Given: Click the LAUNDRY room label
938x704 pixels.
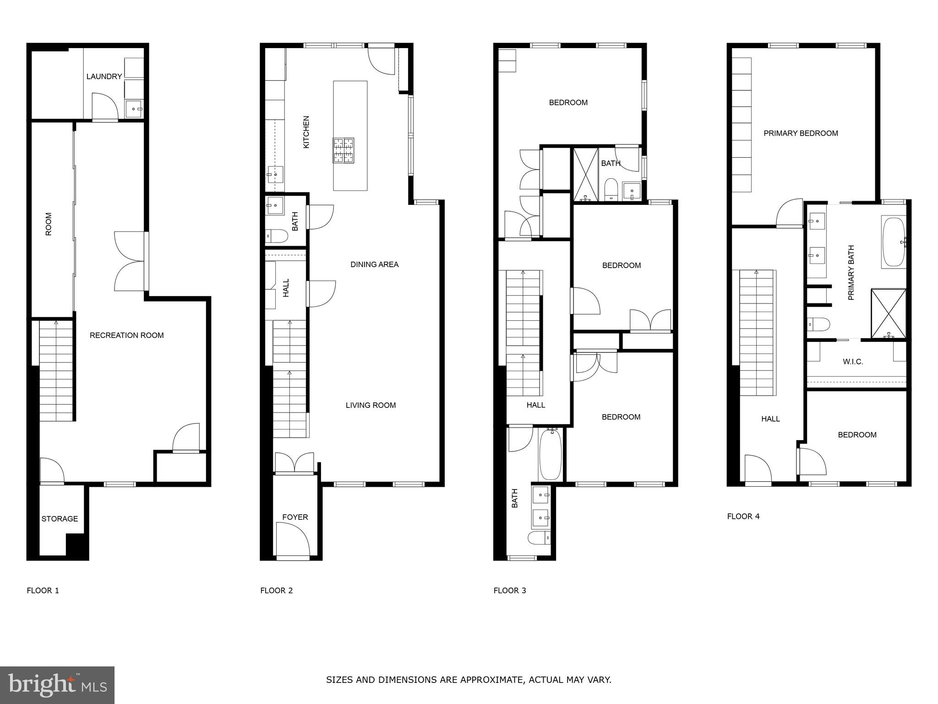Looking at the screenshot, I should click(104, 77).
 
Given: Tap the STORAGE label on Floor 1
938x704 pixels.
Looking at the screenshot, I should click(60, 519).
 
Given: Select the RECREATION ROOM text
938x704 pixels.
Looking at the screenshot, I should click(126, 335).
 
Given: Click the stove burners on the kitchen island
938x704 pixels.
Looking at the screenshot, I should click(344, 150).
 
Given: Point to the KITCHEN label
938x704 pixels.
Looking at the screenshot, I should click(306, 132).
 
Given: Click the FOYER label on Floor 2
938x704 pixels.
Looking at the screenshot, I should click(295, 517).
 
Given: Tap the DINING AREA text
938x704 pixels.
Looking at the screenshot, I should click(374, 264).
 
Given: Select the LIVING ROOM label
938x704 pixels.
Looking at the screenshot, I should click(371, 405).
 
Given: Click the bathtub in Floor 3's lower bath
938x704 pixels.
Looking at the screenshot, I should click(550, 454).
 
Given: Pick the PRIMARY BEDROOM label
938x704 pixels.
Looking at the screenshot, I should click(801, 133).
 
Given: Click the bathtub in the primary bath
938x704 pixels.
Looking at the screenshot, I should click(893, 242).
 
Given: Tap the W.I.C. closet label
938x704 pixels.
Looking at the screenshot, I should click(853, 362).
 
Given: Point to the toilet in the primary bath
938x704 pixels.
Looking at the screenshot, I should click(819, 324).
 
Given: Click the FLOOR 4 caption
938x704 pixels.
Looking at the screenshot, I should click(743, 517).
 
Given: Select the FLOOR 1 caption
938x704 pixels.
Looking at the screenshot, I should click(43, 590).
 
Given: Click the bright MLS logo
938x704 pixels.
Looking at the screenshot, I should click(57, 685).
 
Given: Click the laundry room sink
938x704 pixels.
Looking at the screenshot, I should click(135, 109).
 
